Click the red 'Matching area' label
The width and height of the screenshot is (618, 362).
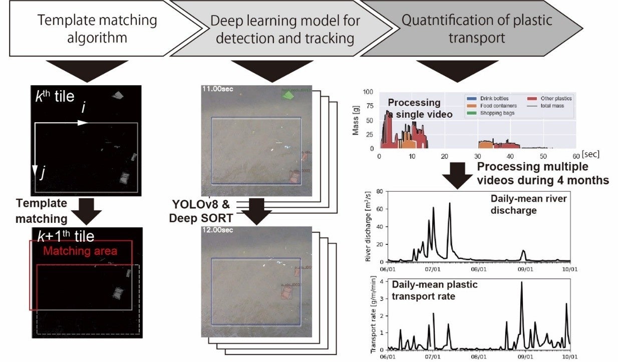click(80, 251)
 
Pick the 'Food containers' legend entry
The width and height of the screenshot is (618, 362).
click(498, 106)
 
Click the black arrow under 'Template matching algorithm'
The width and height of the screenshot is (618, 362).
click(83, 71)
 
